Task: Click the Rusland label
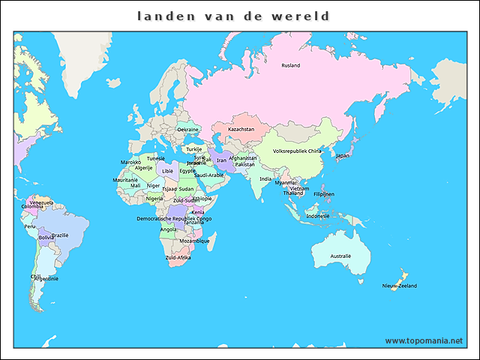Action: [290, 66]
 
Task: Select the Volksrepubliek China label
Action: [297, 151]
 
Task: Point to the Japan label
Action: [342, 156]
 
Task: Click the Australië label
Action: [340, 256]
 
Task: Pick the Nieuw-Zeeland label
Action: [399, 286]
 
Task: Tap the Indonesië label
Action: [317, 216]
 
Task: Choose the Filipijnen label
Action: [324, 193]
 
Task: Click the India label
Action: [265, 179]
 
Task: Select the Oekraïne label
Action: [187, 130]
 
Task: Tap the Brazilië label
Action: [60, 235]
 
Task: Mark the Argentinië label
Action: [45, 278]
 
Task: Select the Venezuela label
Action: [40, 202]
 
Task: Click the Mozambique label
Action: [194, 241]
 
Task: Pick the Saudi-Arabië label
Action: [208, 175]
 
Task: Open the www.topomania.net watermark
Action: [424, 340]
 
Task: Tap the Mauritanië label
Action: [125, 180]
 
